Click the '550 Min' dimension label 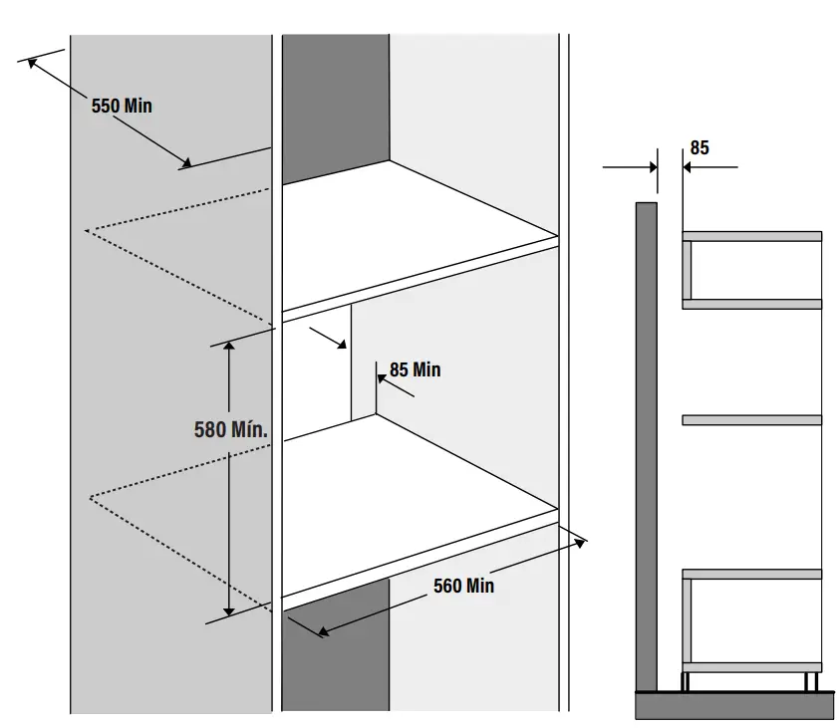[x=122, y=105]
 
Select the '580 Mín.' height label [x=232, y=430]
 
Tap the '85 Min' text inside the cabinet [x=415, y=369]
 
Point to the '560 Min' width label [x=463, y=586]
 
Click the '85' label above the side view [x=699, y=147]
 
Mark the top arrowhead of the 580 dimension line [x=229, y=347]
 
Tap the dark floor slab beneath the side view [x=734, y=704]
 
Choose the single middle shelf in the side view [x=751, y=420]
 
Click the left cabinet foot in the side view [x=687, y=680]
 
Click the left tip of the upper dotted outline [x=88, y=230]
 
